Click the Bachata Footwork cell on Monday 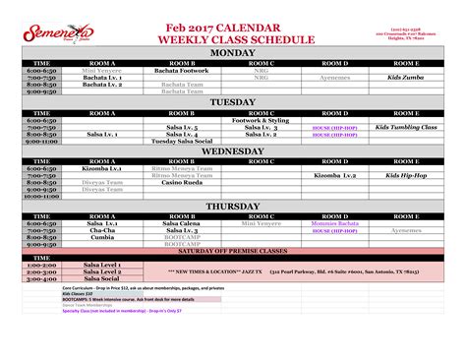coord(182,71)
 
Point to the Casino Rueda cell coord(182,183)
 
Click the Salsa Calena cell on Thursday coord(182,224)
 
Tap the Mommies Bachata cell coord(331,224)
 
